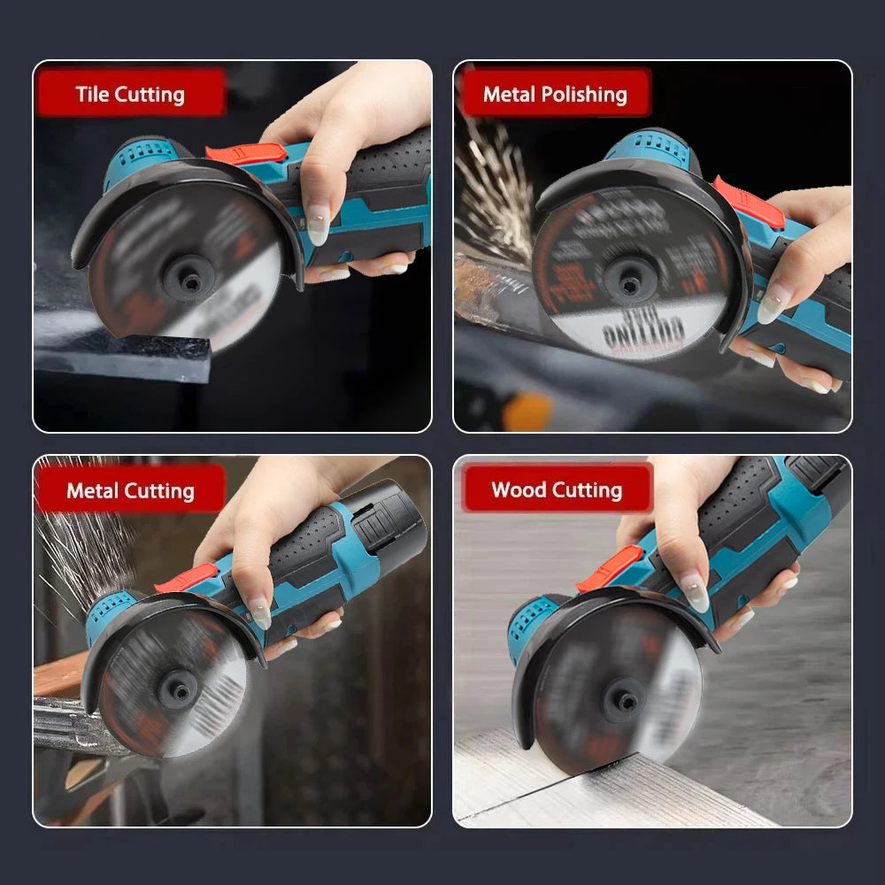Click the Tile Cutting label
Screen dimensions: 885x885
(130, 94)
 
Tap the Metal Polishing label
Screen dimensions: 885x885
(554, 94)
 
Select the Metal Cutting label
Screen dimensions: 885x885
(130, 490)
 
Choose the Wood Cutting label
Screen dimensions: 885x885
(557, 489)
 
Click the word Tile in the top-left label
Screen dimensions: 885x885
(93, 94)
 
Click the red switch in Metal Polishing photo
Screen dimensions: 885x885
(749, 203)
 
